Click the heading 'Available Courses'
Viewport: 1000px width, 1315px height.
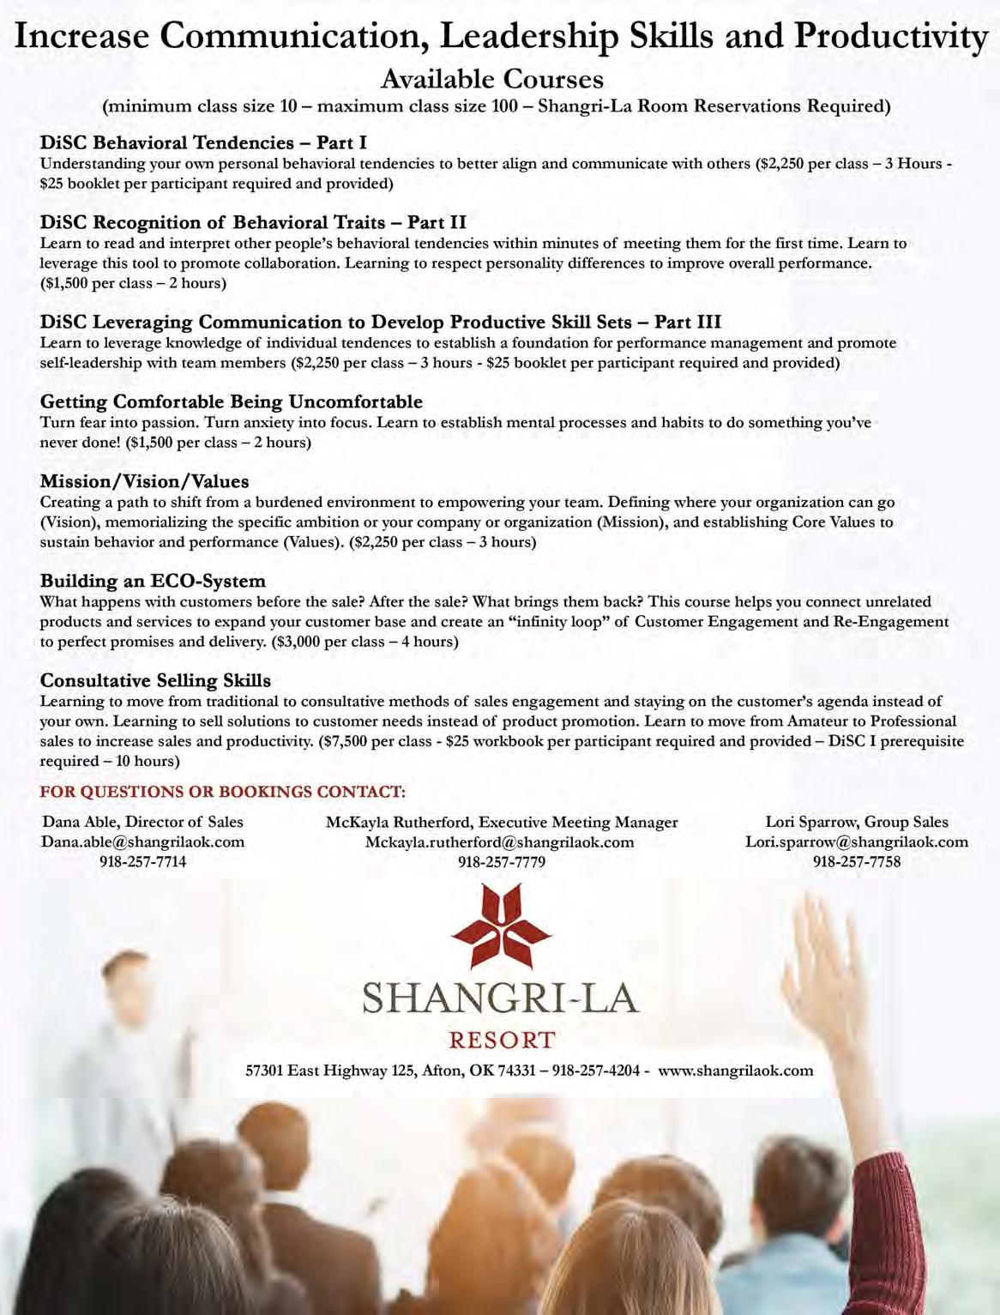coord(491,80)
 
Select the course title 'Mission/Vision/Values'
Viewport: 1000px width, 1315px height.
coord(144,481)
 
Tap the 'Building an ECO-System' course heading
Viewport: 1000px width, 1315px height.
coord(153,581)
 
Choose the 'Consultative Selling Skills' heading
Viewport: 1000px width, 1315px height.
coord(155,680)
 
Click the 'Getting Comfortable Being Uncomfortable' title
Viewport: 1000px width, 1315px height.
coord(231,401)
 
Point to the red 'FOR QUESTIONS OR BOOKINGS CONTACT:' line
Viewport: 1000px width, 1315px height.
coord(223,791)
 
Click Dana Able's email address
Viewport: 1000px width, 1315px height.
coord(142,841)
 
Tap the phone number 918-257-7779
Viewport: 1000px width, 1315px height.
coord(501,861)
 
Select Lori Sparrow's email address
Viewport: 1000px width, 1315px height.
coord(856,841)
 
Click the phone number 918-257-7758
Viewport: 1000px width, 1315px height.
coord(856,861)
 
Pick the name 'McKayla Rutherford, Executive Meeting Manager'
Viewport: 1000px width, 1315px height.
coord(501,822)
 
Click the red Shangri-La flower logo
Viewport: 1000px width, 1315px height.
coord(501,930)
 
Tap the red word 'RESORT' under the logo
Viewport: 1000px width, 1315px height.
coord(502,1041)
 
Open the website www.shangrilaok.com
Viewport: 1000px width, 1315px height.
coord(735,1070)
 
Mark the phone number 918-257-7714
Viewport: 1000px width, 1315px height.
coord(142,861)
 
